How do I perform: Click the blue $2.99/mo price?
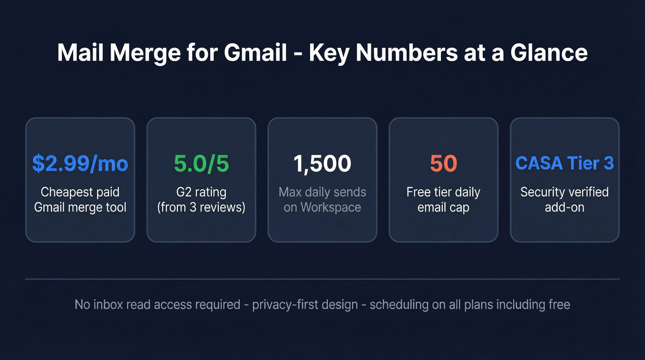[x=80, y=164]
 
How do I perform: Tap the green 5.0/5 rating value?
[x=201, y=164]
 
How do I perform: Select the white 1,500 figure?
[x=322, y=164]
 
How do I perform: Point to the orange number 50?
[x=443, y=164]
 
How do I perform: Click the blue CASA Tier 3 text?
[x=564, y=164]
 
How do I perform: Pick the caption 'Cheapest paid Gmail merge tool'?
[x=80, y=200]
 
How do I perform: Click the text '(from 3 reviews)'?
[x=201, y=207]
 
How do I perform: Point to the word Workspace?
[x=330, y=207]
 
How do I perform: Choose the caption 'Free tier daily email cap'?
[x=443, y=200]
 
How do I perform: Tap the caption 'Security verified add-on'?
[x=564, y=200]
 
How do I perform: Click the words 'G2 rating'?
[x=201, y=192]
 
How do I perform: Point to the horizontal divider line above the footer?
[x=322, y=279]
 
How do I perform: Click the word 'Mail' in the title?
[x=79, y=53]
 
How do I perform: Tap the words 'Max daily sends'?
[x=322, y=192]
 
